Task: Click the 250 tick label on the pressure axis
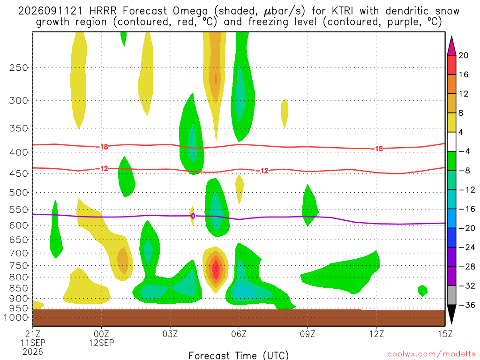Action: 19,67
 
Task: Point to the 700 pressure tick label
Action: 19,253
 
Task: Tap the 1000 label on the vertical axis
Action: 16,317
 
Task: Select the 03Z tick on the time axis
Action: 170,333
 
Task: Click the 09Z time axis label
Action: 307,333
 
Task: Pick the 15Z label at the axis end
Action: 445,333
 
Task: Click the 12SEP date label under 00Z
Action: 101,343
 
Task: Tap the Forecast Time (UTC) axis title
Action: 239,355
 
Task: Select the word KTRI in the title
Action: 340,11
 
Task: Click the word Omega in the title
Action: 190,11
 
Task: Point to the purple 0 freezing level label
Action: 193,216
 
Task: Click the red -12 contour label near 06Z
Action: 262,171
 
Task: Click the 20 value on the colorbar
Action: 463,55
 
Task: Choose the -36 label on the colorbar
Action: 466,305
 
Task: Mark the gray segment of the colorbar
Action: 451,295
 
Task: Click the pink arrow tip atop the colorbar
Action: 451,37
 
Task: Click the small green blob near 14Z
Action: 422,291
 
